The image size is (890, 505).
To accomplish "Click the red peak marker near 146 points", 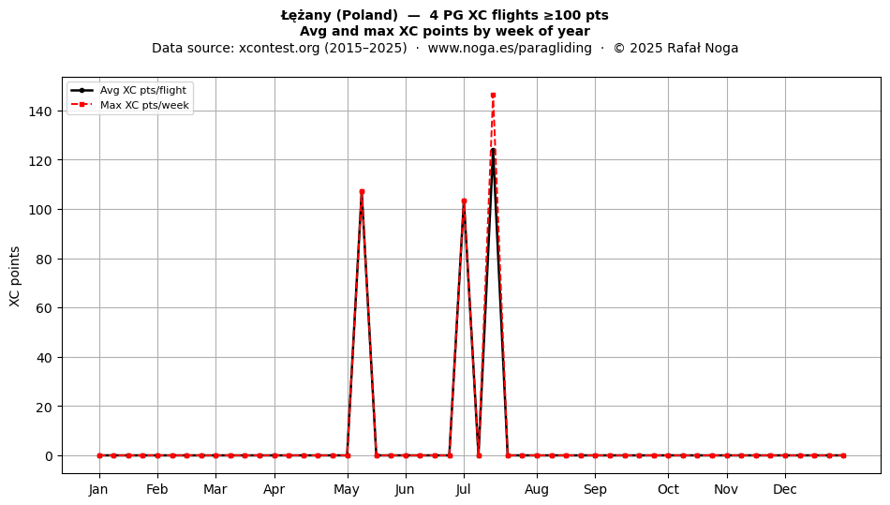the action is (x=493, y=96).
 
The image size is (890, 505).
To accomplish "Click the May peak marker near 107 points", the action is (x=362, y=192).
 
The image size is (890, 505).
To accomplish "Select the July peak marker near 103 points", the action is (x=464, y=201).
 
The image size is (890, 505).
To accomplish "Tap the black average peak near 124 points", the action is (x=493, y=150).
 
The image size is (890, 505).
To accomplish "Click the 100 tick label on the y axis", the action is (x=40, y=210).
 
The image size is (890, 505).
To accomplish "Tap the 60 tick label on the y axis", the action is (x=45, y=308).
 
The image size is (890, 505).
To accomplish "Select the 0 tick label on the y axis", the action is (x=49, y=456).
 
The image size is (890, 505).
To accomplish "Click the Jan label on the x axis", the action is (x=98, y=489).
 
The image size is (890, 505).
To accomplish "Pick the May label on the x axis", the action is (x=347, y=489).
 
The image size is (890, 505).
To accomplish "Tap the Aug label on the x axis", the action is (x=537, y=489).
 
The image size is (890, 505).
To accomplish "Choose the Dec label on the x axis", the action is (x=785, y=489).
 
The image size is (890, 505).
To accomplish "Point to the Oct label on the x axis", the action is (x=668, y=489).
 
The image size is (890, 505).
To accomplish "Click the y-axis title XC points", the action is (x=15, y=277).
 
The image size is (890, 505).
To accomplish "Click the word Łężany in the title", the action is (x=306, y=15).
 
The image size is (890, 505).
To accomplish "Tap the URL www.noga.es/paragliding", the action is (x=510, y=48).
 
